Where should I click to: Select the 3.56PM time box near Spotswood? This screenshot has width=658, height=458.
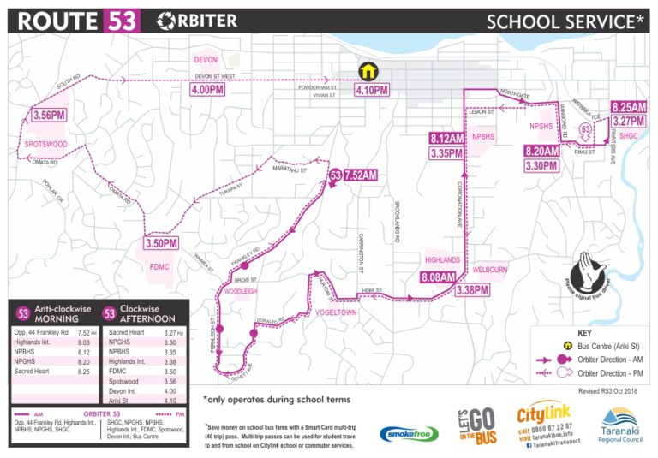coord(49,116)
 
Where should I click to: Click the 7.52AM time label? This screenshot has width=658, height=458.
coord(360,175)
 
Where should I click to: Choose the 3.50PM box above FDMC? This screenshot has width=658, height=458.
coord(161,243)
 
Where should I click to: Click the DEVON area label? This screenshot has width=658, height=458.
coord(206,61)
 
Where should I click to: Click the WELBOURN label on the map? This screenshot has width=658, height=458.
coord(490,270)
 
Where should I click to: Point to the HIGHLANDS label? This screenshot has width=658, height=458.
coord(443,259)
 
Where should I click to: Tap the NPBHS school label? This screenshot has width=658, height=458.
coord(483,136)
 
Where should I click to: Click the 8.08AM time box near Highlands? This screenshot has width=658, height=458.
coord(442,277)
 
